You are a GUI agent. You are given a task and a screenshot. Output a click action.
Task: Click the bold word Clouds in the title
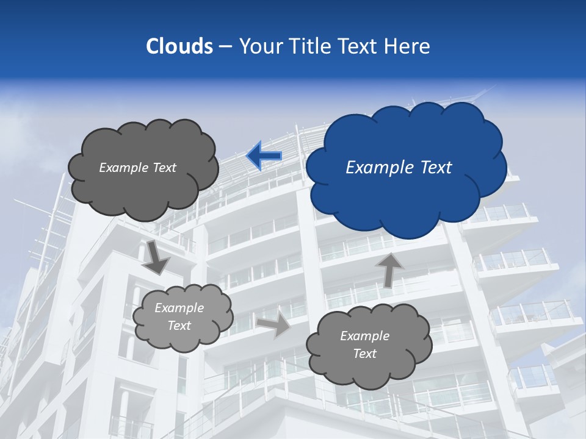coord(179,46)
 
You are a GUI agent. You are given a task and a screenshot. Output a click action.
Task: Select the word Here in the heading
coord(409,46)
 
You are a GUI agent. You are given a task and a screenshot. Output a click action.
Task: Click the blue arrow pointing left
coord(264,156)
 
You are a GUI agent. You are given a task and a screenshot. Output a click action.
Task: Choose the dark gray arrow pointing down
coord(156,257)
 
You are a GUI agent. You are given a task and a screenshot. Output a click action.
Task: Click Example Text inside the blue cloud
coord(399,167)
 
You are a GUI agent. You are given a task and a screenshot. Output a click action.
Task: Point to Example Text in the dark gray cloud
coord(137,167)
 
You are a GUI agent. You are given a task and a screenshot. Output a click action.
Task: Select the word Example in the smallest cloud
coord(179,308)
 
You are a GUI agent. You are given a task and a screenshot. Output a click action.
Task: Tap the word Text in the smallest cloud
coord(179,326)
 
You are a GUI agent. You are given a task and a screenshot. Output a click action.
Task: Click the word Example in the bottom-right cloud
coord(364,335)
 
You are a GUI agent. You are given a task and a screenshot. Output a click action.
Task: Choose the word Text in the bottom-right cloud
coord(364,354)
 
